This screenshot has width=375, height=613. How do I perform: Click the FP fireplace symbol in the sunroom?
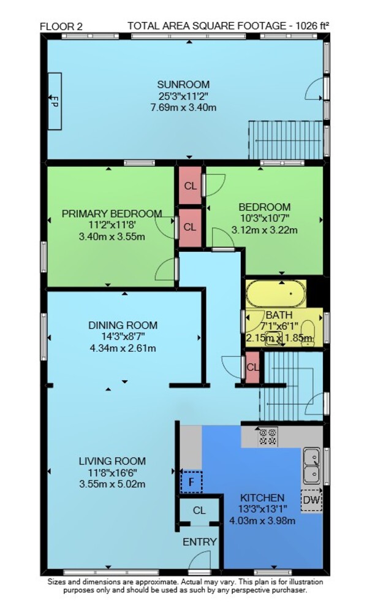click(55, 101)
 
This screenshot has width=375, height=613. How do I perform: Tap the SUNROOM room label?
click(183, 85)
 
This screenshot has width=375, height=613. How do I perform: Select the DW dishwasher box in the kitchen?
click(312, 500)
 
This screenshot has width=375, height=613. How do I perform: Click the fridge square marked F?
click(191, 482)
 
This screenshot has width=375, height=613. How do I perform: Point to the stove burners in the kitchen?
click(268, 436)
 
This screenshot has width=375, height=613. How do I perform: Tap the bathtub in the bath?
click(276, 294)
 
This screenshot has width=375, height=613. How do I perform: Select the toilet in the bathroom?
click(309, 332)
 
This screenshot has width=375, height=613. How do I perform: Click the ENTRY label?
click(200, 542)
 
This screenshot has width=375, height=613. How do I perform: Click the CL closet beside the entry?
click(199, 511)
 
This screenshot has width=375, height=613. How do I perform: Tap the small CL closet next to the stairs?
click(252, 367)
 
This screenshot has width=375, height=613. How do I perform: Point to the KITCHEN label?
click(262, 498)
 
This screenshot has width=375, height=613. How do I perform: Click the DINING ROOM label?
click(123, 325)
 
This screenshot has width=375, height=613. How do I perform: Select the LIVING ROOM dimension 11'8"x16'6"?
click(113, 472)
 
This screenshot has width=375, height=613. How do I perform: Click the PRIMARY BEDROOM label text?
click(112, 213)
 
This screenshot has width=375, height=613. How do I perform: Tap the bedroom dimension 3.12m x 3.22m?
click(265, 230)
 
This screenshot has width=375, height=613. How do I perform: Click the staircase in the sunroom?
click(286, 140)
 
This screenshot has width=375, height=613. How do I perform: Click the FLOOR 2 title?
click(61, 26)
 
